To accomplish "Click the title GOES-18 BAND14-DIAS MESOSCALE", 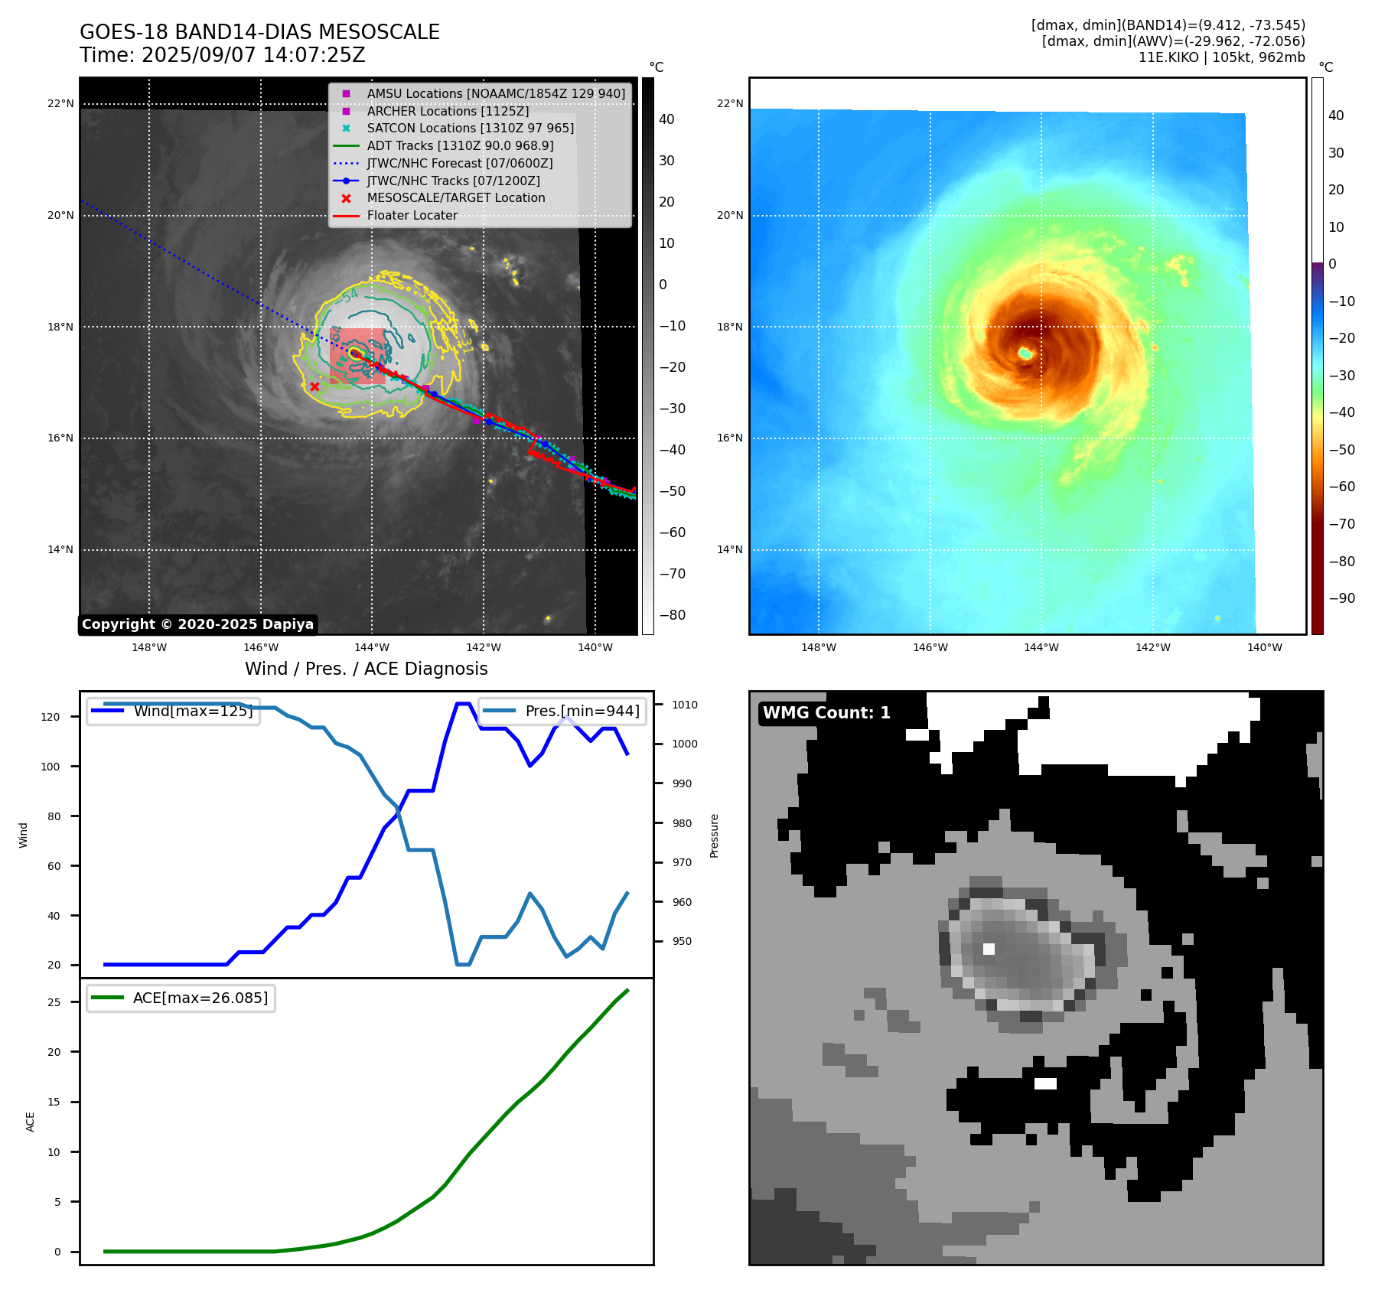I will click(259, 32).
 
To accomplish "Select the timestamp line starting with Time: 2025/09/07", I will click(222, 55).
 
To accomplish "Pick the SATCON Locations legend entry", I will click(470, 128).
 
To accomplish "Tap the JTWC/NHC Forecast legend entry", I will click(459, 163).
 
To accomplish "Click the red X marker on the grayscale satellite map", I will click(314, 386).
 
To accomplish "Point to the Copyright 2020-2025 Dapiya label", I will click(197, 624).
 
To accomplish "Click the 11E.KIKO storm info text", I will click(1221, 57).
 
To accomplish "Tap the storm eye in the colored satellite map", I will click(1025, 353).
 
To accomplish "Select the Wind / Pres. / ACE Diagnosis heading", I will click(366, 669).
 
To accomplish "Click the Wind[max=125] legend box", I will click(173, 711).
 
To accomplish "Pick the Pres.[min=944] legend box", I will click(562, 711).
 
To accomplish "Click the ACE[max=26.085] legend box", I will click(181, 998).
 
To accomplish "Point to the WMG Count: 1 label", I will click(826, 712).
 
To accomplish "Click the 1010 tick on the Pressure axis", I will click(685, 705).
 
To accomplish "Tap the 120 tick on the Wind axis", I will click(51, 717).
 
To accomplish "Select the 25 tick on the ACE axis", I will click(54, 1002).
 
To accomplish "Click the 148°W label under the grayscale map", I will click(149, 647).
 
